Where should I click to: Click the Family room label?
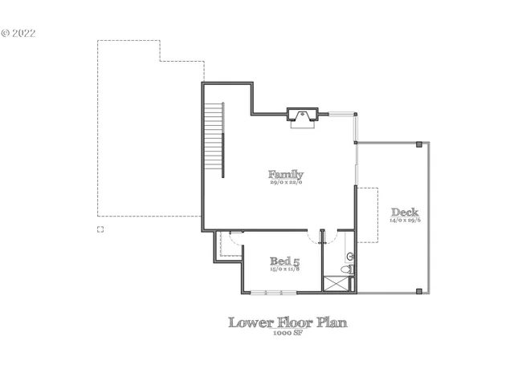pos(286,174)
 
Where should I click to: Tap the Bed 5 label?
pos(284,261)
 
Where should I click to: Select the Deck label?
pos(405,213)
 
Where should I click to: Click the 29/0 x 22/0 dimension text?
pos(286,183)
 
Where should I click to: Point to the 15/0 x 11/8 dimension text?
pos(284,269)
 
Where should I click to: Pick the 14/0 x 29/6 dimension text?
pos(405,221)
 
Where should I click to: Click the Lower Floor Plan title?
pos(288,322)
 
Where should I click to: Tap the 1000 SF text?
pos(288,332)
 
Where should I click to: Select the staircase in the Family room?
pos(214,140)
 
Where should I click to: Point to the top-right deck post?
pos(419,144)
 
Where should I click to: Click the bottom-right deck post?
pos(419,290)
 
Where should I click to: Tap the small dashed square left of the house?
pos(100,229)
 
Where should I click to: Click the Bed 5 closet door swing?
pos(234,238)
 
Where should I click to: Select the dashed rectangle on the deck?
pos(367,215)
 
